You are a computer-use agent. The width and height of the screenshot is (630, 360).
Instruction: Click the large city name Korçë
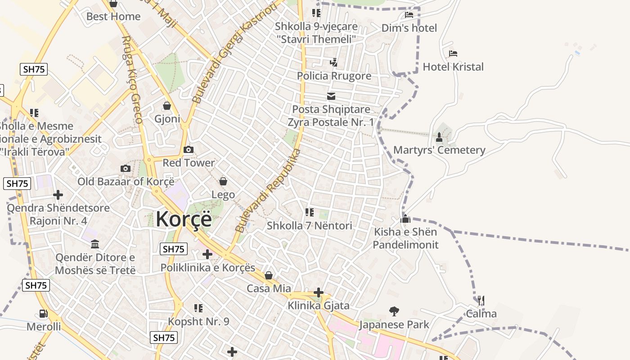coord(184,219)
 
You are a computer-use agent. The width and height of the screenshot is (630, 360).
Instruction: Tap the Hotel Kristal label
coord(453,67)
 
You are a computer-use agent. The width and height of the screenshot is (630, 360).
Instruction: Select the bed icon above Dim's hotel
coord(409,15)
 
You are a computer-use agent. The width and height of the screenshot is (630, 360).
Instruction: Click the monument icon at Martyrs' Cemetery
coord(439,137)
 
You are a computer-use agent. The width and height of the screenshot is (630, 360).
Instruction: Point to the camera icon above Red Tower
coord(189,150)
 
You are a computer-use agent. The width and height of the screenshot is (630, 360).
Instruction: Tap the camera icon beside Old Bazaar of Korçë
coord(126,169)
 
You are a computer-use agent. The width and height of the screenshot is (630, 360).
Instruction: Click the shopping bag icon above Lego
coord(223,181)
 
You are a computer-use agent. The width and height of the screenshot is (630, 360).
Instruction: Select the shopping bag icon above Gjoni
coord(167,106)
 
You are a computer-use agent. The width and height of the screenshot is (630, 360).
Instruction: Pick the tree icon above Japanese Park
coord(394,311)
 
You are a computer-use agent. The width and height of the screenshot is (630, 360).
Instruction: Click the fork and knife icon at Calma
coord(481,300)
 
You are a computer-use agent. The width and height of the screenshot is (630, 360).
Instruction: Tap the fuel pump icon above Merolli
coord(43,313)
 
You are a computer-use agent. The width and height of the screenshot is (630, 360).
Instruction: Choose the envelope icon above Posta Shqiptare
coord(331,96)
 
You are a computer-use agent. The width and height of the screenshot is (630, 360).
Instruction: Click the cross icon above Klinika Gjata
coord(319,292)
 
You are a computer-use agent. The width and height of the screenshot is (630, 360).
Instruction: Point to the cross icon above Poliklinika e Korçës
coord(207,254)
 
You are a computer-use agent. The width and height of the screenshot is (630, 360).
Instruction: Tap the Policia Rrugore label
coord(334,76)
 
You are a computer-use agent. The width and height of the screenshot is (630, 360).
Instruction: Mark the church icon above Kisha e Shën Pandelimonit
coord(405,219)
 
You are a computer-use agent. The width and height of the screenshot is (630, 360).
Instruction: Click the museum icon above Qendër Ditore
coord(95,244)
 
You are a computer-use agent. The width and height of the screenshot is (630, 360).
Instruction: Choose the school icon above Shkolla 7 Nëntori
coord(309,212)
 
